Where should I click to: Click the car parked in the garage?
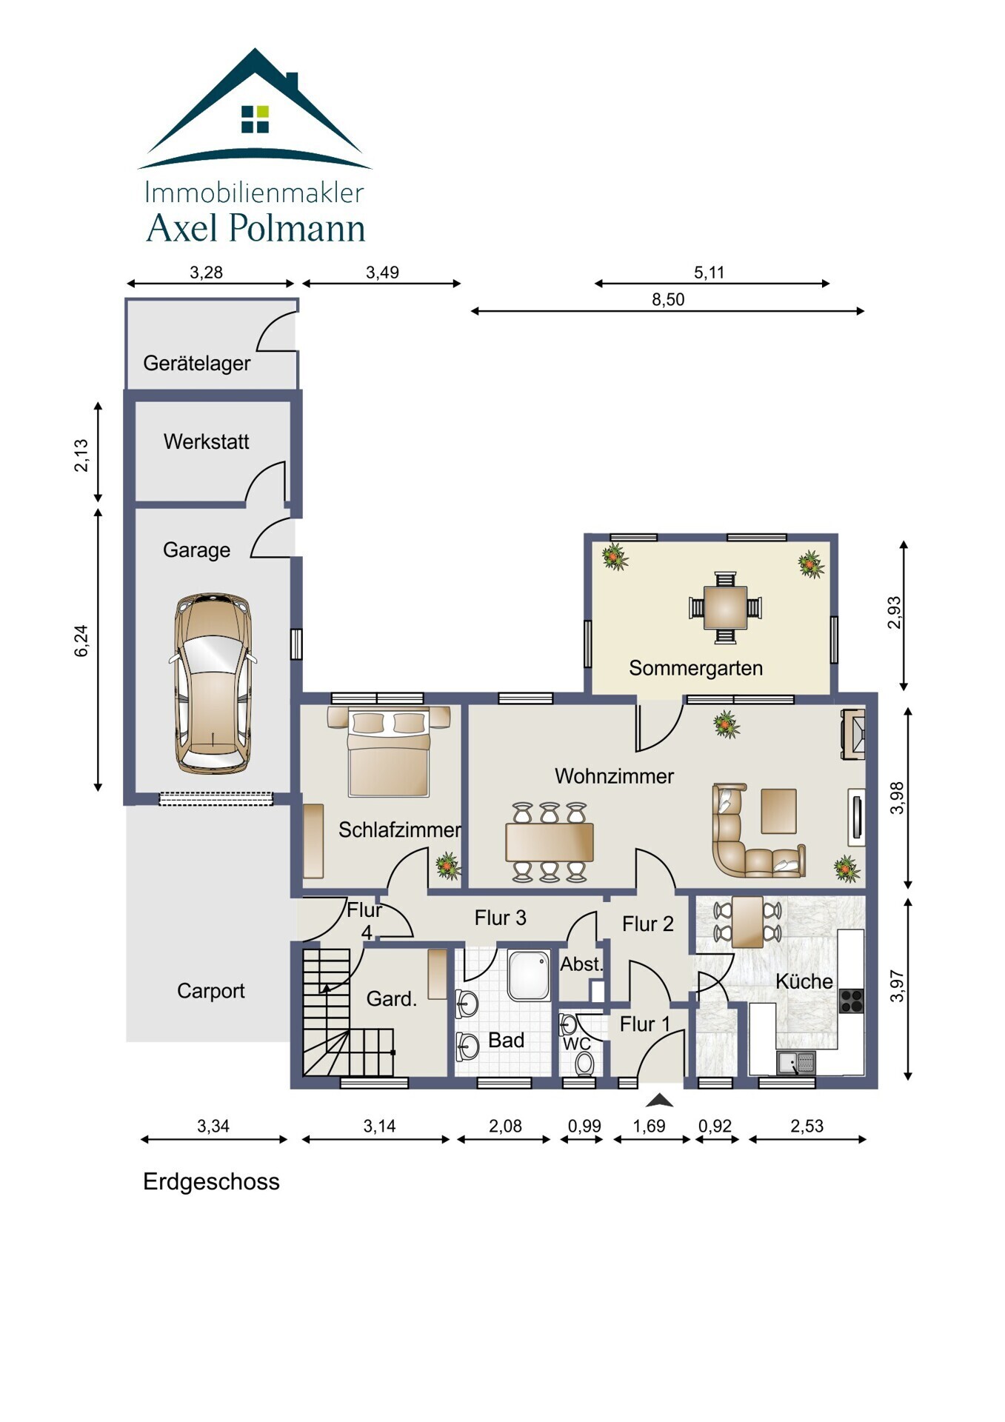pos(213,684)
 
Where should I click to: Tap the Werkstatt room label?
pos(206,441)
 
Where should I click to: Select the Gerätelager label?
pos(196,363)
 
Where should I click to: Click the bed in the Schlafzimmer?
pos(389,752)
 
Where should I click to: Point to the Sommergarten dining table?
pos(725,607)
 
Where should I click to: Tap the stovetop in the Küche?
pos(851,1001)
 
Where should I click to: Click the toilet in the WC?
pos(584,1064)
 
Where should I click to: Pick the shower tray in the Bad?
pos(529,975)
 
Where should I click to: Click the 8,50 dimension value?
pos(668,300)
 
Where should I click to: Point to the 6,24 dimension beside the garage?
pos(81,641)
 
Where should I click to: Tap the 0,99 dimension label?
pos(584,1126)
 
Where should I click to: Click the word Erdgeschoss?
pos(211,1181)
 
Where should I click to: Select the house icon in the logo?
pos(255,108)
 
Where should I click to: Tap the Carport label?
pos(210,991)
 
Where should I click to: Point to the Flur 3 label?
pos(500,918)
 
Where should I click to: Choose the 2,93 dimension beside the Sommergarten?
pos(895,612)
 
